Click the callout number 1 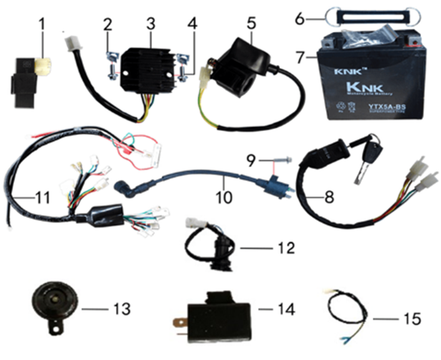43,26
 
